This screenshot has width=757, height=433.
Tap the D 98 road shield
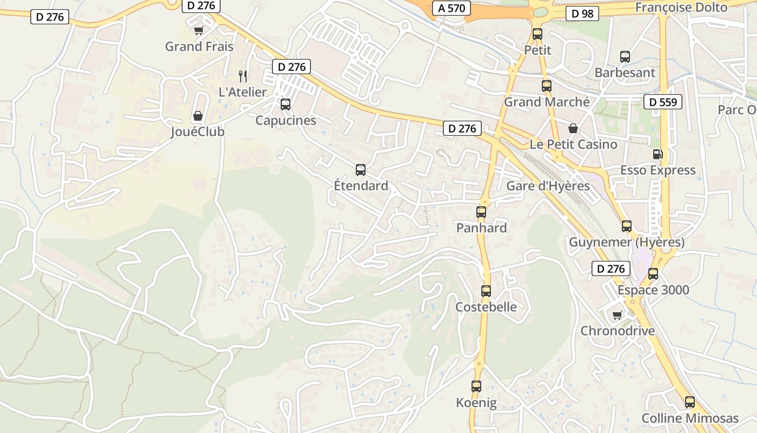coord(582,14)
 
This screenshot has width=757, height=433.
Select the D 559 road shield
coord(663,102)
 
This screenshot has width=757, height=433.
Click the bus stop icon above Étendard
coord(361,170)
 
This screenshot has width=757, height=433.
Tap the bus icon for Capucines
coord(285,104)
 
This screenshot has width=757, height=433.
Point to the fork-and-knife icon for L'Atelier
coord(243,76)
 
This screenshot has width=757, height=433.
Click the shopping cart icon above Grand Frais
coord(199,31)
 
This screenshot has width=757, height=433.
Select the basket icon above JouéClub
coord(198,116)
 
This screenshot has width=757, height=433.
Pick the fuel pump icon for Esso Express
coord(658,154)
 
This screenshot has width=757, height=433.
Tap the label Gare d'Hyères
coord(548,186)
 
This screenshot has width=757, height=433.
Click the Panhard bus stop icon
coord(481,212)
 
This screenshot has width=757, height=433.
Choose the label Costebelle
coord(486,307)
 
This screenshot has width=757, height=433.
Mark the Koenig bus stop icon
coord(476,386)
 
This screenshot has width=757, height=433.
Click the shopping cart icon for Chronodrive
coord(617,315)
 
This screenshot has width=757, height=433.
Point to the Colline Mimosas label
coord(690,418)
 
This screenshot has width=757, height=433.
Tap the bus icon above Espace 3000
coord(653,274)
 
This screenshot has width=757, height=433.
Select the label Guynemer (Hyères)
coord(627,242)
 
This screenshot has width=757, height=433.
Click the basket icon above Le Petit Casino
coord(573,129)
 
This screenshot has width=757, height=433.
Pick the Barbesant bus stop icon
coord(625,56)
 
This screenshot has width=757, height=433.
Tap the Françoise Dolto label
coord(681,8)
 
